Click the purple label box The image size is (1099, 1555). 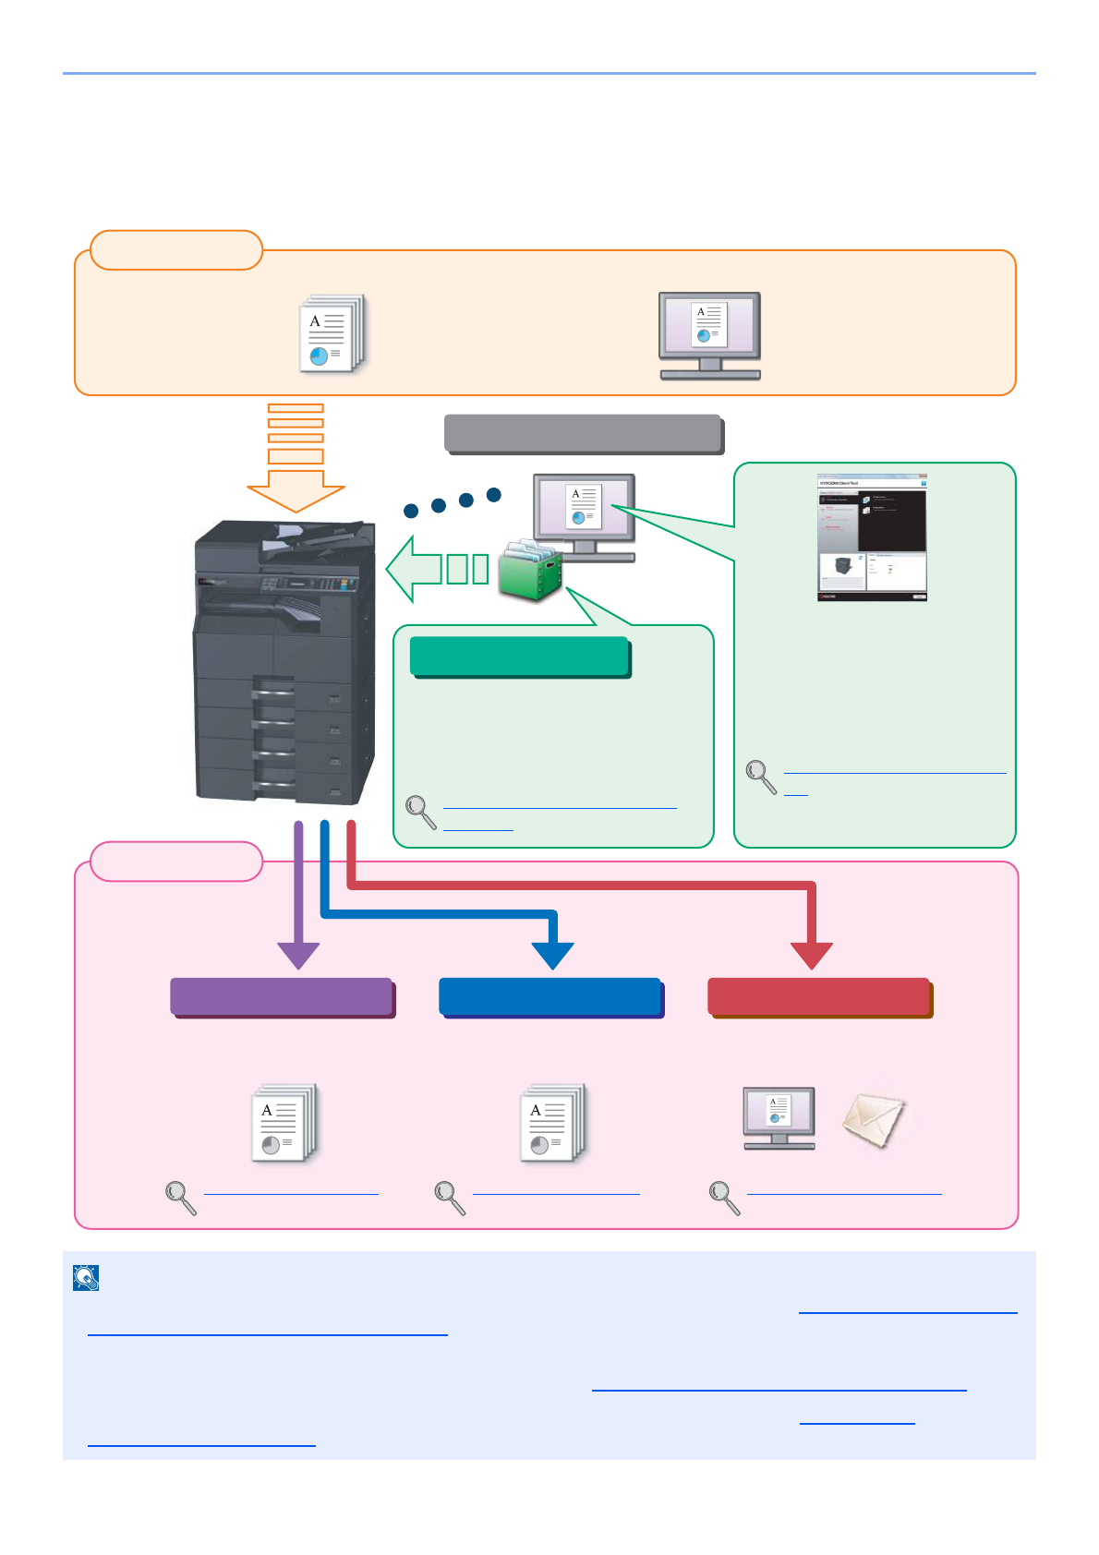point(283,997)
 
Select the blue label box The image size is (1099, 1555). point(551,997)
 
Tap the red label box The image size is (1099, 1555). point(819,997)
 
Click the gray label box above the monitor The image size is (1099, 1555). point(583,433)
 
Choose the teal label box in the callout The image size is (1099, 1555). point(520,657)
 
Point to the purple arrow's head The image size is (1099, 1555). point(298,956)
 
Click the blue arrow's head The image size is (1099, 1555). point(553,956)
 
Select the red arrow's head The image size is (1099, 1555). point(812,956)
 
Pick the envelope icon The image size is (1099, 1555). point(874,1120)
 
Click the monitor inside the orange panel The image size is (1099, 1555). point(709,335)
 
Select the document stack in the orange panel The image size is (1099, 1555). point(332,333)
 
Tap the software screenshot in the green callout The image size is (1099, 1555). point(872,537)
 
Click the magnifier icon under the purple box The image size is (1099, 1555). point(180,1198)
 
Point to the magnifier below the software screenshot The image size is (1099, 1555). point(761,777)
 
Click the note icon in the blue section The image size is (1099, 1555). point(86,1278)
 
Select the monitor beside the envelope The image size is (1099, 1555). point(779,1117)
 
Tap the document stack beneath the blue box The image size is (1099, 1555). point(552,1123)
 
